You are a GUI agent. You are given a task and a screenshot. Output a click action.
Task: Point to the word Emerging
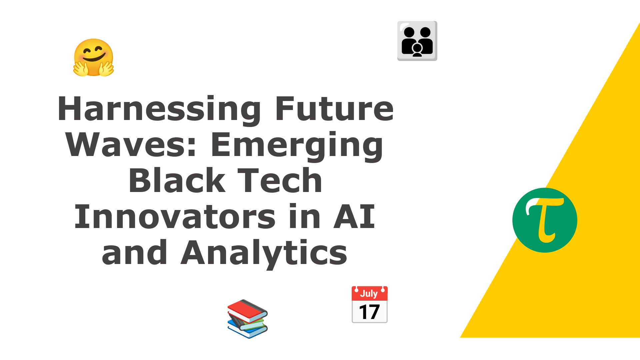click(297, 146)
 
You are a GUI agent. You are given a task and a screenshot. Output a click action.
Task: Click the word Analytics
click(264, 253)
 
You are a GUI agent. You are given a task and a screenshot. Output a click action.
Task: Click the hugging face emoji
click(93, 58)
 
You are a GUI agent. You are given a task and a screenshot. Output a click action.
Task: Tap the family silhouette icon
click(417, 41)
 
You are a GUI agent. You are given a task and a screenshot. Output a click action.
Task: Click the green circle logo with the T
click(545, 220)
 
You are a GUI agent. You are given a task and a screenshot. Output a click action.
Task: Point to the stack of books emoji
click(247, 319)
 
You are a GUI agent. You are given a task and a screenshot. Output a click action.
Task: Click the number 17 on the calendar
click(369, 312)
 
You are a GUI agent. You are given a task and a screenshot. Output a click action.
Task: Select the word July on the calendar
click(369, 294)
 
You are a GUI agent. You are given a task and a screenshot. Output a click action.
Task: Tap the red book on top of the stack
click(247, 310)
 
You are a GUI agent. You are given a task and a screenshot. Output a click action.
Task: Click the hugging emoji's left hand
click(81, 68)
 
